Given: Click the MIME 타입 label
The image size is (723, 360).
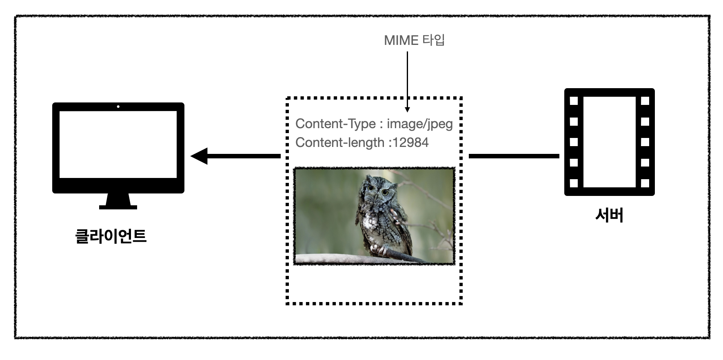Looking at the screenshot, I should pos(414,40).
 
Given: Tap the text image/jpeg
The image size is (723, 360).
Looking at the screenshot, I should pos(419,124).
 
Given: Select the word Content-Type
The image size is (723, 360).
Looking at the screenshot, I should pos(335,124).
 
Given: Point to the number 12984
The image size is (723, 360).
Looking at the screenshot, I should pos(410,142).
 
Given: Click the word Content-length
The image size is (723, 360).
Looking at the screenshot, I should pos(339,142).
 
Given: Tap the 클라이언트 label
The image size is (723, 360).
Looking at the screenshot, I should pos(111,236).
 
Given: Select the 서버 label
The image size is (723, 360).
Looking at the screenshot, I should pos(609,215).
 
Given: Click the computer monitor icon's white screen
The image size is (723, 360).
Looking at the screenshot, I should pos(118,144).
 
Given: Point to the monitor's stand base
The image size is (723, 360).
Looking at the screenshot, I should pos(118,207).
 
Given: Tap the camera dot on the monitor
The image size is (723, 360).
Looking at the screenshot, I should pos(118,107).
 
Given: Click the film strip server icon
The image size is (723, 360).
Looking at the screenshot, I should pos(609,142).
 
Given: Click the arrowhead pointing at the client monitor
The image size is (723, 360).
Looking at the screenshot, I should pos(200,156).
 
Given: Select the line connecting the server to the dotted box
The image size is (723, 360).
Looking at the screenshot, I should pos(514,156).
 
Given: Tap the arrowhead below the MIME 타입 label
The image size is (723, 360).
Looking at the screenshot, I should pos(407,109).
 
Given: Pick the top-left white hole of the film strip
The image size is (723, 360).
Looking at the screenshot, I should pos(574,101).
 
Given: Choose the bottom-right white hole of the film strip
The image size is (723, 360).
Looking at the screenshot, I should pos(645,183).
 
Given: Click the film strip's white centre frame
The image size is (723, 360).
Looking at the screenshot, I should pos(609,142).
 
